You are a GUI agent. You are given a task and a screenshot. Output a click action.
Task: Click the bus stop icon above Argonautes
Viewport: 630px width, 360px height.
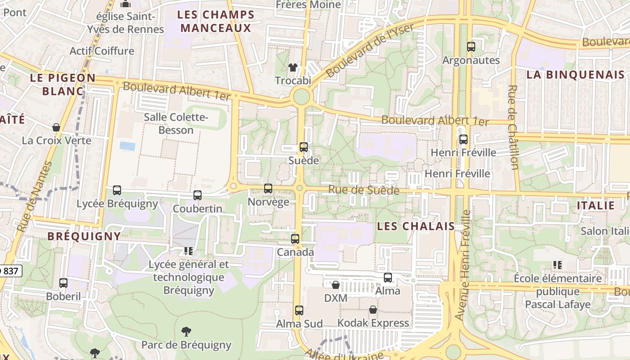[471, 46]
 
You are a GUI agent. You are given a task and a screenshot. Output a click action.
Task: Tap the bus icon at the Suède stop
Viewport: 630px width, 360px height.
[304, 147]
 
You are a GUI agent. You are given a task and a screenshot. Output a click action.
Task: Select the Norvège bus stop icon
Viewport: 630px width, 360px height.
[268, 188]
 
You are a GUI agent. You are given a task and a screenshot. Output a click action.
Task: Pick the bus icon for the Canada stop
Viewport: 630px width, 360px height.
[295, 238]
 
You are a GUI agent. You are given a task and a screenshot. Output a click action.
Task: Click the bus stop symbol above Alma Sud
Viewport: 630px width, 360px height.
[299, 310]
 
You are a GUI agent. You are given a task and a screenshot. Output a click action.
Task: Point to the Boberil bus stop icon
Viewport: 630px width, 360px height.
[63, 283]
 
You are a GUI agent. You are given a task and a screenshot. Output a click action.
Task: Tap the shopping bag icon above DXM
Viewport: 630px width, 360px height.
[336, 284]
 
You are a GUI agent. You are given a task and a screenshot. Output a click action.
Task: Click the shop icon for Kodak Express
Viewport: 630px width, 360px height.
[373, 310]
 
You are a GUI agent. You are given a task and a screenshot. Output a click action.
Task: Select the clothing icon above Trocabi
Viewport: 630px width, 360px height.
[293, 67]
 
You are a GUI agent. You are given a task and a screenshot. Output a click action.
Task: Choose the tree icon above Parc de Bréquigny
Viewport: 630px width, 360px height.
[186, 332]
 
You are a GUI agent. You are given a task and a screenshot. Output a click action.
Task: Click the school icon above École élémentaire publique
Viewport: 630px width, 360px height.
[558, 265]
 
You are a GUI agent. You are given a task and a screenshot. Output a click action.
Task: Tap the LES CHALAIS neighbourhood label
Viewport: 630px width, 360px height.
[416, 226]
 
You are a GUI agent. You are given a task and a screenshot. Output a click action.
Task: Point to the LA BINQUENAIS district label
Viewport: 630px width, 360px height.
[576, 75]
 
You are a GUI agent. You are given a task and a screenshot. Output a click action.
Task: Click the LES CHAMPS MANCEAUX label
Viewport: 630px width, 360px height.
[216, 21]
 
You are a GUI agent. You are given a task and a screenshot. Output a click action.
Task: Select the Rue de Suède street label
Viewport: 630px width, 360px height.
[364, 190]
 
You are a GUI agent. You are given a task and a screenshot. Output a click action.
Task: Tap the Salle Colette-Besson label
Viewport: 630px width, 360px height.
[176, 124]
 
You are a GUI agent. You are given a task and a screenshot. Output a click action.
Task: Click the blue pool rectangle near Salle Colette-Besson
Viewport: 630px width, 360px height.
[127, 146]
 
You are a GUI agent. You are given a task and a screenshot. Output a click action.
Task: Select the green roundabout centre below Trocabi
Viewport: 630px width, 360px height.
[301, 96]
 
